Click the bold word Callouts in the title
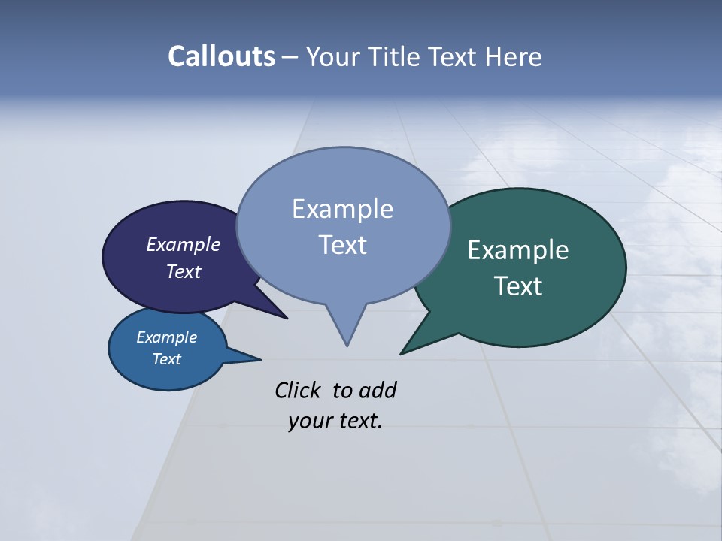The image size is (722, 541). (221, 56)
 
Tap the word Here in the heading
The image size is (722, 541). (514, 57)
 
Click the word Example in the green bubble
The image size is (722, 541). (518, 250)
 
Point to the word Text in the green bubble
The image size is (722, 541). (518, 286)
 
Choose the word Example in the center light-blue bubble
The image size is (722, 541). (342, 209)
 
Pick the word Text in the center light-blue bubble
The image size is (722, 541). (342, 245)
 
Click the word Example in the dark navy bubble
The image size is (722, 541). (183, 245)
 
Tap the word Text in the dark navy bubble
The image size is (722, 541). (183, 271)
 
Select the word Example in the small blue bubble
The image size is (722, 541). (166, 337)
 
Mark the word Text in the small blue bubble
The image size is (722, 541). (166, 359)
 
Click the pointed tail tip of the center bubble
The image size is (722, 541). (347, 345)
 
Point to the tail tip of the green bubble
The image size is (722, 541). (401, 353)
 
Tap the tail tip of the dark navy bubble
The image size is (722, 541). (287, 319)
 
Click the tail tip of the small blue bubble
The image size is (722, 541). (260, 359)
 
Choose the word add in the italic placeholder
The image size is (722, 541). (378, 390)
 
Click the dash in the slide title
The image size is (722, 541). (290, 57)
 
